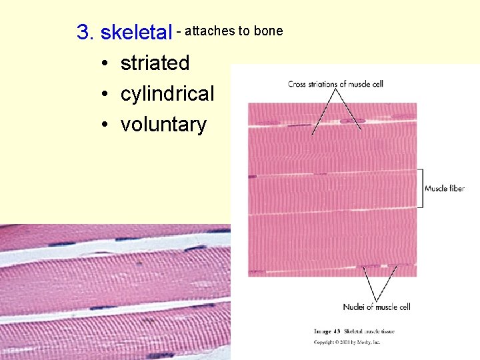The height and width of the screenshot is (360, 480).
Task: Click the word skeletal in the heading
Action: click(x=135, y=32)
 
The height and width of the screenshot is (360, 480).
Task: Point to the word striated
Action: click(x=155, y=63)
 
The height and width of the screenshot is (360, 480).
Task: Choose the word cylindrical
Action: click(x=167, y=93)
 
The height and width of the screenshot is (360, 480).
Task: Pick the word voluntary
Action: click(x=163, y=124)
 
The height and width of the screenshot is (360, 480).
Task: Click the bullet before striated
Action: click(x=105, y=63)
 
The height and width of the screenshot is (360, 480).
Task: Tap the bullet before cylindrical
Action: click(x=105, y=94)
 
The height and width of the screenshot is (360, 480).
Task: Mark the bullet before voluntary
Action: click(x=105, y=125)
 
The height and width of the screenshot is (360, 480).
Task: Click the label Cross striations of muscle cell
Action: click(x=335, y=84)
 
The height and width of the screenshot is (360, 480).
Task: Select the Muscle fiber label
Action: click(x=445, y=189)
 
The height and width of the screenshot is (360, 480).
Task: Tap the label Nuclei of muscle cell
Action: click(x=377, y=307)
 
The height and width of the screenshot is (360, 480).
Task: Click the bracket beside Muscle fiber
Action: click(x=420, y=188)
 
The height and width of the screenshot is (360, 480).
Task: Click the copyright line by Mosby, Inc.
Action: click(x=346, y=342)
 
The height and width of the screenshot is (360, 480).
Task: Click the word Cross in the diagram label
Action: click(x=297, y=84)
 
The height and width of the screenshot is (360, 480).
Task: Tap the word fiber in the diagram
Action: click(x=456, y=189)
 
